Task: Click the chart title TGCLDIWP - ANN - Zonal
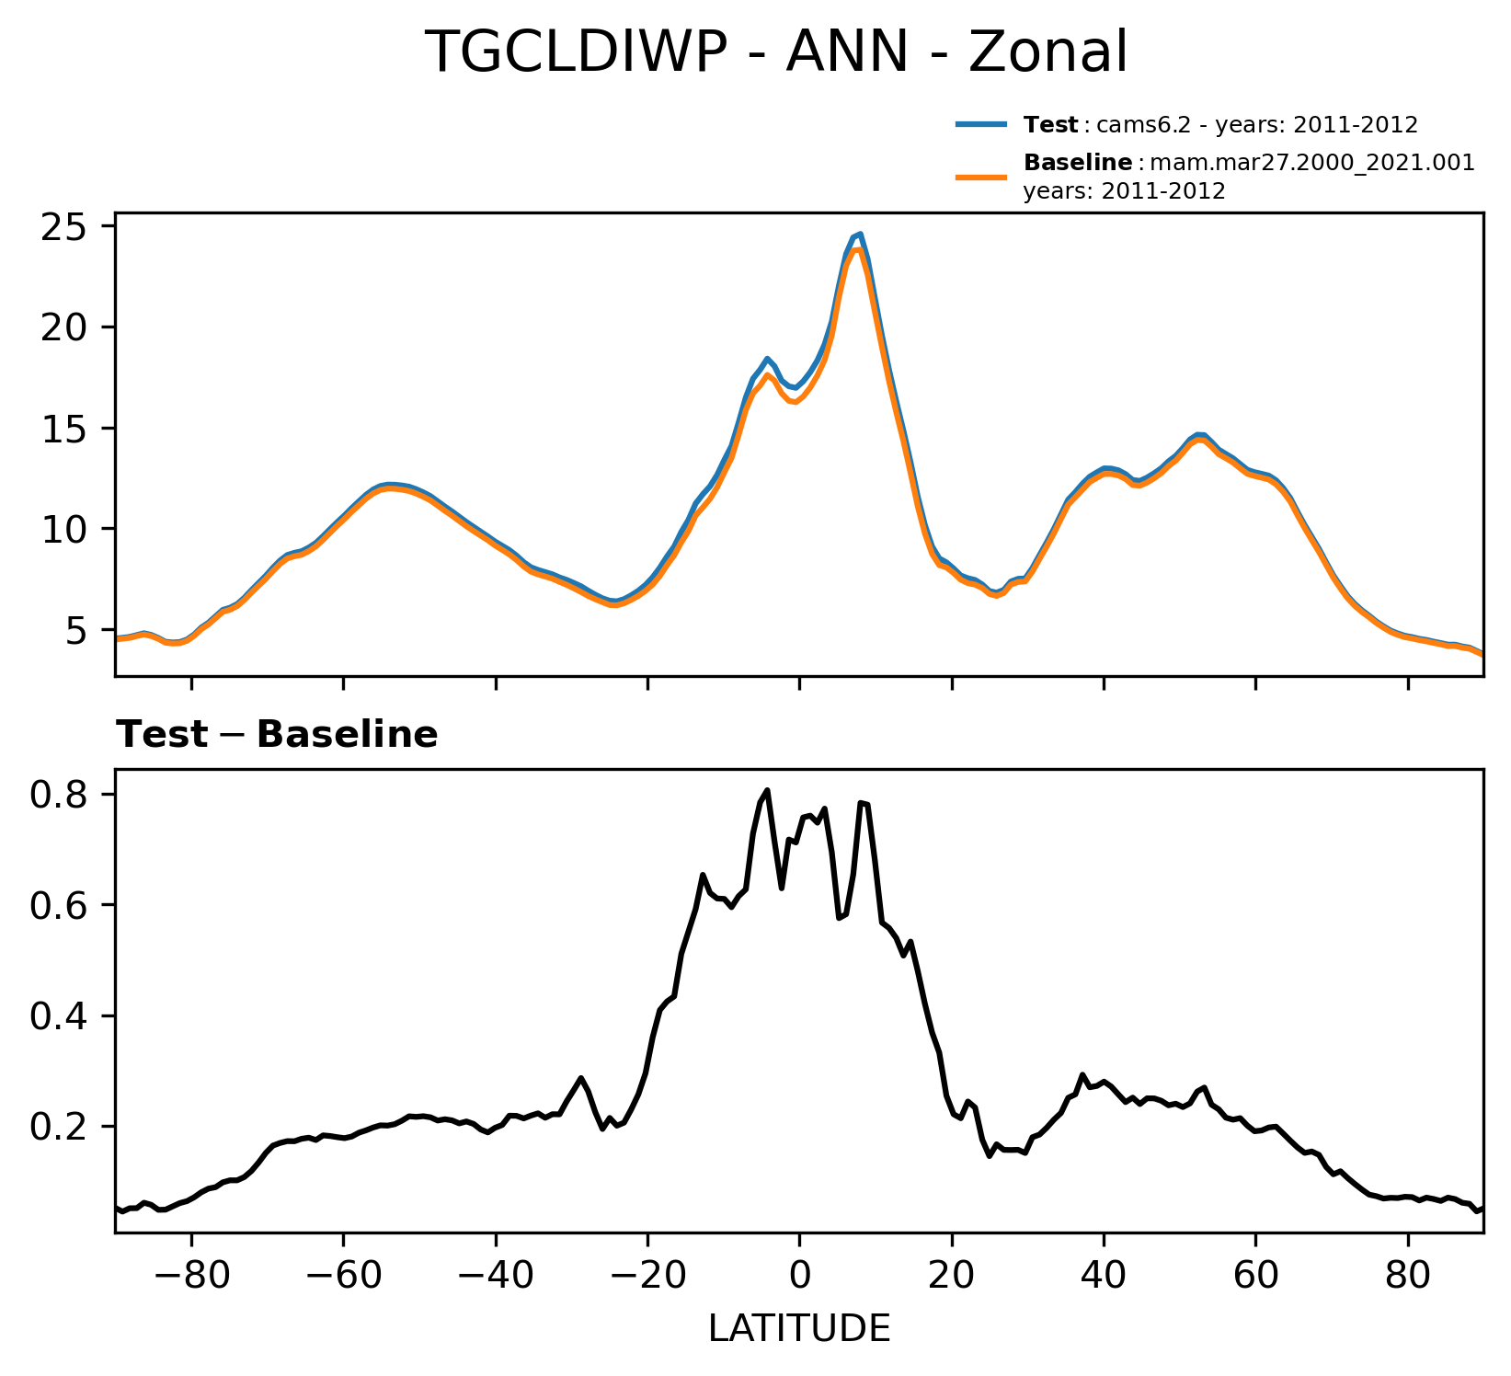tap(776, 53)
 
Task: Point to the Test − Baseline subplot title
tap(277, 736)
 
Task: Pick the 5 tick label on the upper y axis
tap(74, 631)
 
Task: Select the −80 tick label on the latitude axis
tap(191, 1277)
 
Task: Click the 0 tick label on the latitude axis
tap(799, 1277)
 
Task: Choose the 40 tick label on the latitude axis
tap(1104, 1277)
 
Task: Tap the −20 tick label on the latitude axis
tap(647, 1277)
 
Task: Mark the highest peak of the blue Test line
tap(860, 234)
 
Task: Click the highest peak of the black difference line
tap(767, 790)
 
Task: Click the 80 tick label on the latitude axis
tap(1407, 1277)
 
